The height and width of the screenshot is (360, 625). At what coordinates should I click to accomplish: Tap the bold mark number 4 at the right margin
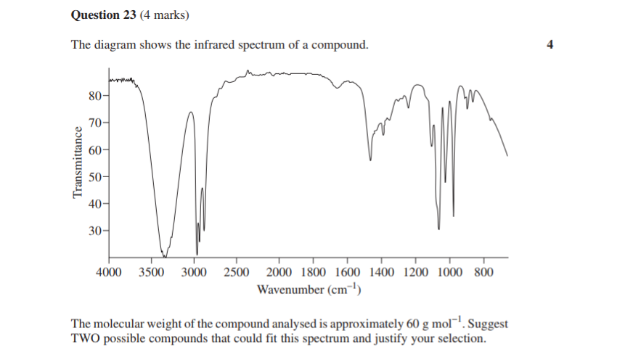click(550, 45)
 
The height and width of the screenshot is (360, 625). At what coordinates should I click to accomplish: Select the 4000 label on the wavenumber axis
click(109, 272)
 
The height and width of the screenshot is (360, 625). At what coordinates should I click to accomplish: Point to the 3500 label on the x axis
click(151, 272)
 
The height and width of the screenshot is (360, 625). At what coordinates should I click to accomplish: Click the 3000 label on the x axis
click(194, 272)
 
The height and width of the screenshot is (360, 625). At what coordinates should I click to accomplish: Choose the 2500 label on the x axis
click(237, 272)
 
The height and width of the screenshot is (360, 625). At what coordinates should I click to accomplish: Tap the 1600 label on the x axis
click(348, 272)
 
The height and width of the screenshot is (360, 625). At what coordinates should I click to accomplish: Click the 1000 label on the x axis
click(450, 272)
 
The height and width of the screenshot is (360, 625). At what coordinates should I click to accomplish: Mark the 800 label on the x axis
click(483, 272)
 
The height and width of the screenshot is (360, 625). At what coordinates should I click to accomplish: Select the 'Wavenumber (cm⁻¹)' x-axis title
click(309, 290)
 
